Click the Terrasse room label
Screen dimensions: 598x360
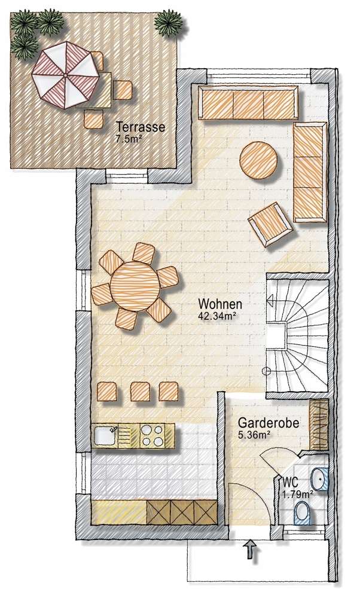141,127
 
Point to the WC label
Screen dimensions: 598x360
291,482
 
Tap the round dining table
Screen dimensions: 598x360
135,285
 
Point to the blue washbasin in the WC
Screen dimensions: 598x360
321,480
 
